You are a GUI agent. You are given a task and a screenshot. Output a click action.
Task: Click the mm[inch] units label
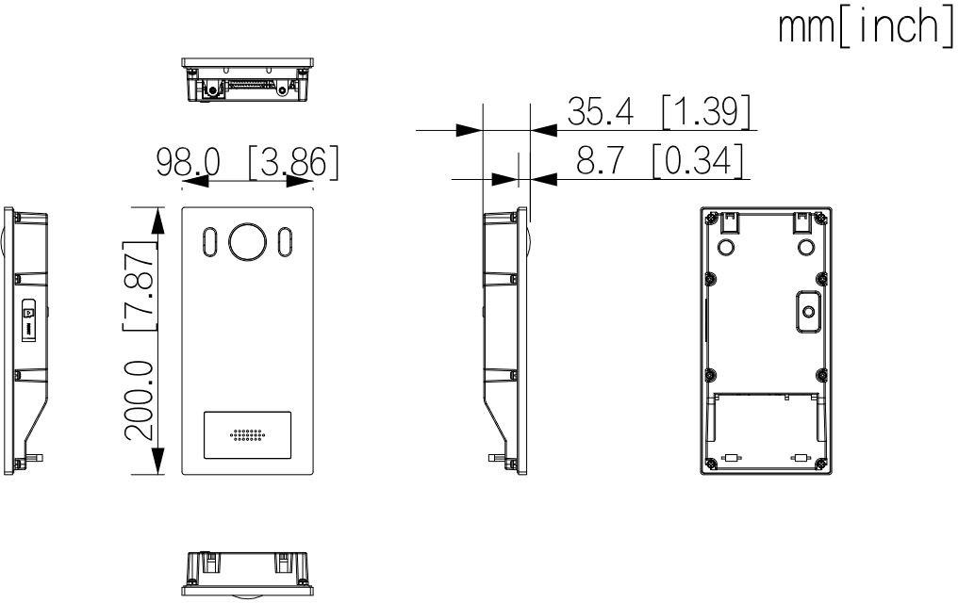click(x=865, y=29)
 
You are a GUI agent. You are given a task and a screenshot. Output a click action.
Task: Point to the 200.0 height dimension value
click(x=140, y=400)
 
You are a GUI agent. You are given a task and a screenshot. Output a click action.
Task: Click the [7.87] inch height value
click(x=140, y=284)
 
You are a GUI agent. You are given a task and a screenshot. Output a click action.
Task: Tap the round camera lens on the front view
click(x=248, y=241)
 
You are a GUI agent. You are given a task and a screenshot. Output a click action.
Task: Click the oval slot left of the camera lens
click(x=209, y=242)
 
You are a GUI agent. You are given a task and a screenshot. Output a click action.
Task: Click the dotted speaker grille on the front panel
click(x=247, y=436)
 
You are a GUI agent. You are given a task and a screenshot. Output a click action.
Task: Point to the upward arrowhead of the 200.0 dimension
click(x=158, y=219)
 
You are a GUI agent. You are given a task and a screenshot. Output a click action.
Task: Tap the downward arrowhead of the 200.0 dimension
click(x=158, y=461)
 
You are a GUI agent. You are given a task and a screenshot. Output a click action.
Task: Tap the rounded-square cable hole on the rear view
click(x=806, y=310)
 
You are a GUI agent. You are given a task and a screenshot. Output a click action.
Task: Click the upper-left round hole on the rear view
click(x=727, y=247)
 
